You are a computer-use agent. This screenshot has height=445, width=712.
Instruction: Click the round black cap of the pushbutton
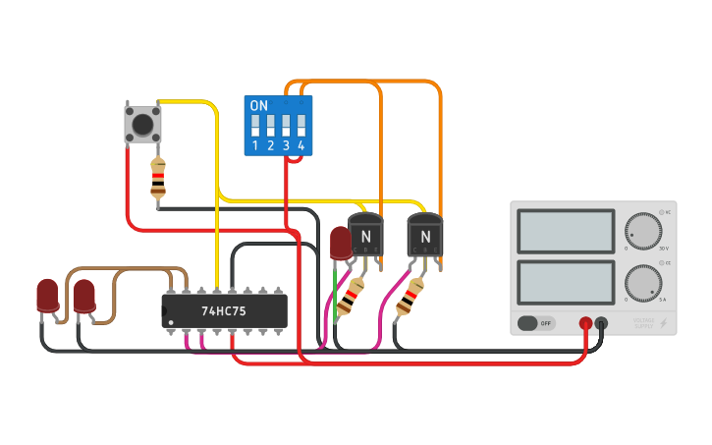tap(143, 124)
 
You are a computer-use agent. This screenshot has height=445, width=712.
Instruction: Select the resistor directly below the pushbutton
tap(158, 179)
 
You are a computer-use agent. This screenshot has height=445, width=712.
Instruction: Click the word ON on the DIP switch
tap(259, 106)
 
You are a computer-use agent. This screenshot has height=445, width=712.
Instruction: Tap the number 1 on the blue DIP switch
tap(255, 146)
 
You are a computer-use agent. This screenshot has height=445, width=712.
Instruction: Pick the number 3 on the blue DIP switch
tap(286, 146)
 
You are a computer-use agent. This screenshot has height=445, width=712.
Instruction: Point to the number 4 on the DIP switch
tap(301, 146)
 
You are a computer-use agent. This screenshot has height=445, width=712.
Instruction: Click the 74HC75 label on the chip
tap(224, 310)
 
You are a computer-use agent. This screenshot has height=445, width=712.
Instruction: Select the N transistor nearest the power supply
tap(425, 236)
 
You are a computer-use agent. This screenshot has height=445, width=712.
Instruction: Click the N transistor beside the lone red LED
tap(365, 236)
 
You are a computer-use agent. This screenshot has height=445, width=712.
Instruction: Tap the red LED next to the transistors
tap(340, 243)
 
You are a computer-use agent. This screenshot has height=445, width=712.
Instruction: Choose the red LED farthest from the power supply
tap(47, 295)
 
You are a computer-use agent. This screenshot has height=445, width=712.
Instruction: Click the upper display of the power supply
tap(566, 231)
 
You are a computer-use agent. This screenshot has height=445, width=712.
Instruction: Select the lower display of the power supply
tap(566, 281)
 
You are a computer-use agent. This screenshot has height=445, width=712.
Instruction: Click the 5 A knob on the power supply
tap(643, 283)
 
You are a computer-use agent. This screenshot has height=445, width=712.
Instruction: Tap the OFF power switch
tap(535, 323)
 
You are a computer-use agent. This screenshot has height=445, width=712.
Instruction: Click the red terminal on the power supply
tap(585, 323)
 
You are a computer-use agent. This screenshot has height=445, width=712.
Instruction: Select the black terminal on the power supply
tap(601, 323)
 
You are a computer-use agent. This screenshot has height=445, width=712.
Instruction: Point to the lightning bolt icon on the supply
tap(663, 323)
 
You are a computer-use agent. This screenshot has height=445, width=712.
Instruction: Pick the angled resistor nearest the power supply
tap(410, 296)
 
